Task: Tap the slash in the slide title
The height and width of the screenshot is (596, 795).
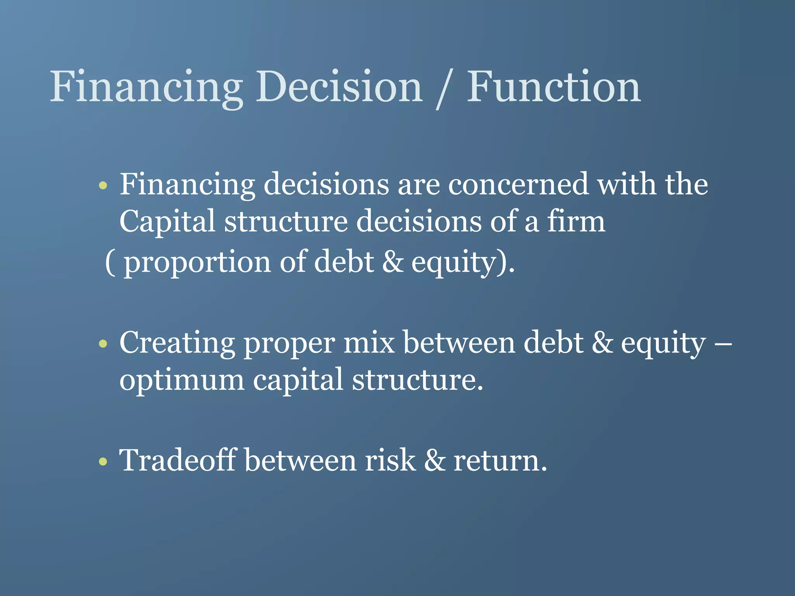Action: (x=444, y=89)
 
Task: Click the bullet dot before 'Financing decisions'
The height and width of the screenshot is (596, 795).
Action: (x=103, y=185)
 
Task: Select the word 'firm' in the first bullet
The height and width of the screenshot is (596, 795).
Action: (x=576, y=221)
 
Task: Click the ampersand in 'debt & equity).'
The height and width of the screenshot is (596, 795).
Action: (x=393, y=262)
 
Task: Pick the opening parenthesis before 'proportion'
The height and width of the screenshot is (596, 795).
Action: (x=110, y=263)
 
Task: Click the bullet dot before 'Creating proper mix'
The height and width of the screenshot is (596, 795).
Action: (x=103, y=344)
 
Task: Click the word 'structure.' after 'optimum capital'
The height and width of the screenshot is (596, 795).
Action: (x=418, y=380)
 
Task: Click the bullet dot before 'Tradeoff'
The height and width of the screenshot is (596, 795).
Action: (x=103, y=462)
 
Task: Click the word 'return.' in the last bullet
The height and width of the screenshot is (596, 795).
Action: (x=500, y=461)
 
